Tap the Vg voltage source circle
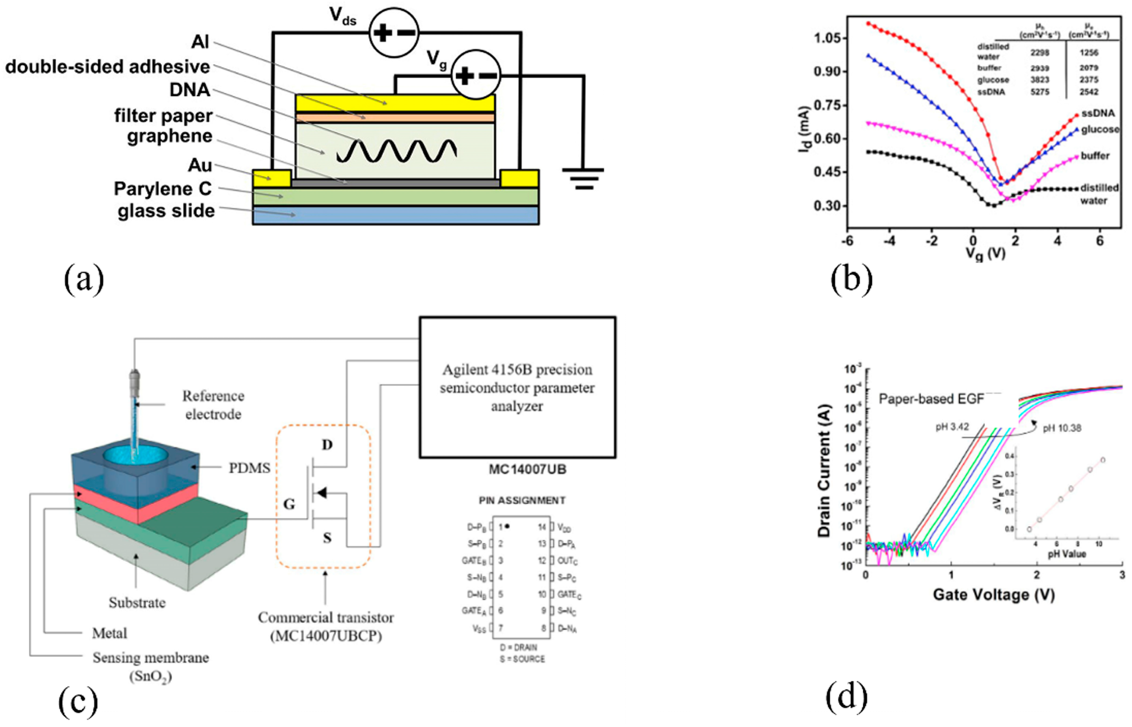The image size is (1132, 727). (x=475, y=75)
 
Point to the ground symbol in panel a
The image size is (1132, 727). (x=583, y=178)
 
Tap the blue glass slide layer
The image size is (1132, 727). (x=396, y=215)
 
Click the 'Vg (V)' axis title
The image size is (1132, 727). (x=985, y=254)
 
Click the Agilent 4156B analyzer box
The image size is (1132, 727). (x=517, y=387)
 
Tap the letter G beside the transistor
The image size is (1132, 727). (x=289, y=504)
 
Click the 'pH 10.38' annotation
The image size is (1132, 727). (x=1062, y=428)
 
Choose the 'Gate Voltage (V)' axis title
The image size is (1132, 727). (x=993, y=594)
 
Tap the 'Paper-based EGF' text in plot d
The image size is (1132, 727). (x=931, y=399)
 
